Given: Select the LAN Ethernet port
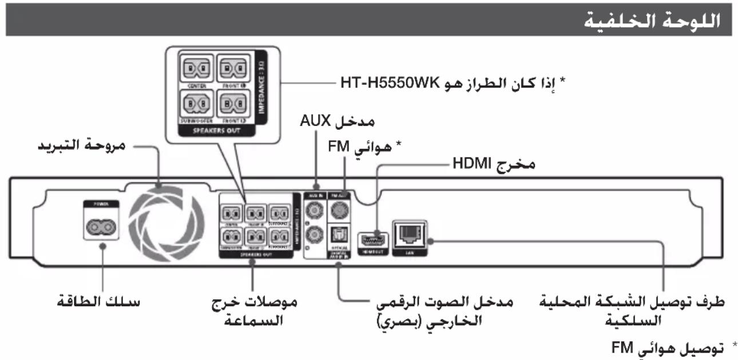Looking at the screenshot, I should [410, 231].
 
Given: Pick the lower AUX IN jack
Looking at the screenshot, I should [313, 234].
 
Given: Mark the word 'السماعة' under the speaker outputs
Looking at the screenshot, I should [251, 321].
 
